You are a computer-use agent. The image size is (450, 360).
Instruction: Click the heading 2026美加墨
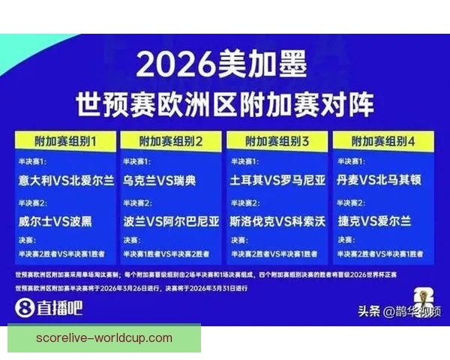[223, 67]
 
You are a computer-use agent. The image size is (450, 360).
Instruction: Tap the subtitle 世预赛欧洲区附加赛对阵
[224, 103]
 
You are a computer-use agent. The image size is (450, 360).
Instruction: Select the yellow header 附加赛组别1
[65, 140]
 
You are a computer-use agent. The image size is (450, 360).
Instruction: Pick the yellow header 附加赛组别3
[278, 140]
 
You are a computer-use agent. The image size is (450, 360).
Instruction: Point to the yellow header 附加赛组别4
[384, 140]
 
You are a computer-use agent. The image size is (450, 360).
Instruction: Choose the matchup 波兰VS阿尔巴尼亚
[172, 221]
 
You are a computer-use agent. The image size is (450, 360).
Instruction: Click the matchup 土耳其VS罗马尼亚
[278, 181]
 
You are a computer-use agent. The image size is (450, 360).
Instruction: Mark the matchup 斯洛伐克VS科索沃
[278, 221]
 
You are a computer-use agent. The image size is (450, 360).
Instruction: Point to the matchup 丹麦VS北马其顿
[384, 181]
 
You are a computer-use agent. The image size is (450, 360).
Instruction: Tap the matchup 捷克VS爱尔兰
[375, 221]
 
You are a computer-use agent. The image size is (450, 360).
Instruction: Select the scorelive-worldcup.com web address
[103, 338]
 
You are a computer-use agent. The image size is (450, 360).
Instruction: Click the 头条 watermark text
[367, 310]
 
